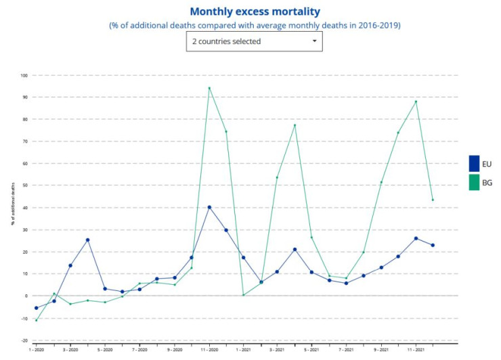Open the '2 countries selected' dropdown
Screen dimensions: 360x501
click(255, 41)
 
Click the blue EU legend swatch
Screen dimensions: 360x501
click(475, 163)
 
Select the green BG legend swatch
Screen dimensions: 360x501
click(475, 182)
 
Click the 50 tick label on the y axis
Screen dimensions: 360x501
click(25, 185)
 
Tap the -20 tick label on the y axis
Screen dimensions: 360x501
click(24, 340)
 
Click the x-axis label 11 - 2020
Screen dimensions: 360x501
click(209, 350)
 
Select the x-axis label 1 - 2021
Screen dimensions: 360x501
click(244, 350)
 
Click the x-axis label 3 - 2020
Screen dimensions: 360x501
click(70, 350)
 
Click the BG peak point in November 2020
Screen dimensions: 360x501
click(209, 88)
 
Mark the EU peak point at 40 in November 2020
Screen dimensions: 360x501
click(209, 207)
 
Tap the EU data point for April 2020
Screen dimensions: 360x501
click(87, 240)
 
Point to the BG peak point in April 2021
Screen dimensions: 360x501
click(295, 125)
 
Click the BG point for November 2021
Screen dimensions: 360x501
click(416, 102)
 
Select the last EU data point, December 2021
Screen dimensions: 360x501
click(433, 245)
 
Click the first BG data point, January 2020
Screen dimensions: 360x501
click(36, 320)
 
